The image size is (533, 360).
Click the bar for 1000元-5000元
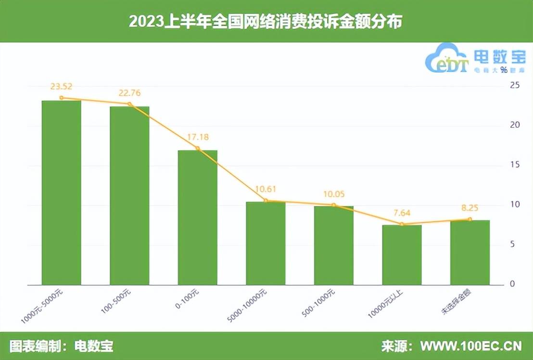tap(61, 193)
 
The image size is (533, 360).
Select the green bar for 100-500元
tap(129, 195)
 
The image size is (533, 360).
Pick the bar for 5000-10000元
tap(266, 243)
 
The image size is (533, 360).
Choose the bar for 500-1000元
tap(333, 245)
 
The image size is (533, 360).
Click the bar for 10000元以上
tap(402, 255)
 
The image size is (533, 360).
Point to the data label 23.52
tap(61, 87)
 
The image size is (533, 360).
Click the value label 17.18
tap(197, 137)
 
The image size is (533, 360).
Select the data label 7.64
tap(402, 213)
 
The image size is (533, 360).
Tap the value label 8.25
tap(470, 208)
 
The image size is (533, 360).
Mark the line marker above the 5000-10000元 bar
tap(266, 201)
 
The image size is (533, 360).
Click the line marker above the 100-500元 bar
tap(129, 104)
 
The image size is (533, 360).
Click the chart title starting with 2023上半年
tap(266, 22)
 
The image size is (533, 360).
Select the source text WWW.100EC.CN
tap(471, 346)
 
